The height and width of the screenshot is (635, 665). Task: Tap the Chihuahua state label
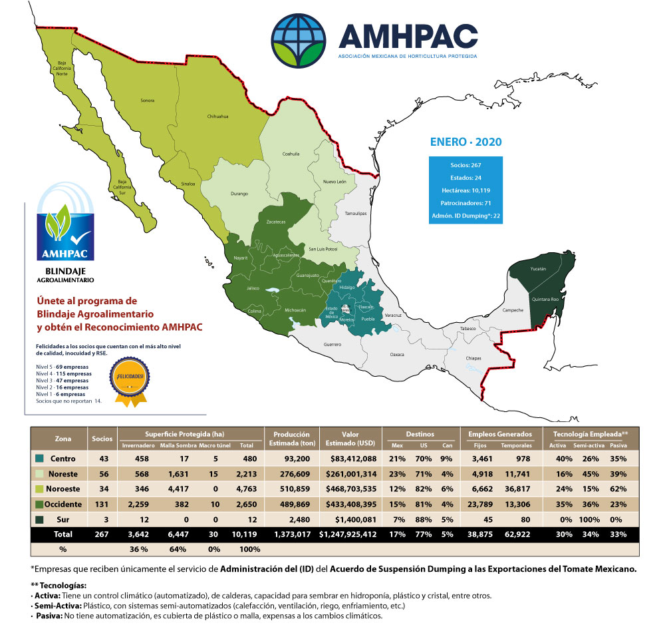[218, 116]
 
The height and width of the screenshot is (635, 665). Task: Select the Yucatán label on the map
[539, 269]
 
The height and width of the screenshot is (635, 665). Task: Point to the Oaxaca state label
[397, 355]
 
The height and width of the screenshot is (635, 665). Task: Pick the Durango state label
[239, 194]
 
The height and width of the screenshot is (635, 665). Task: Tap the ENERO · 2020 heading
[465, 142]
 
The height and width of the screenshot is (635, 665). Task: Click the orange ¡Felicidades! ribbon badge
[131, 379]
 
